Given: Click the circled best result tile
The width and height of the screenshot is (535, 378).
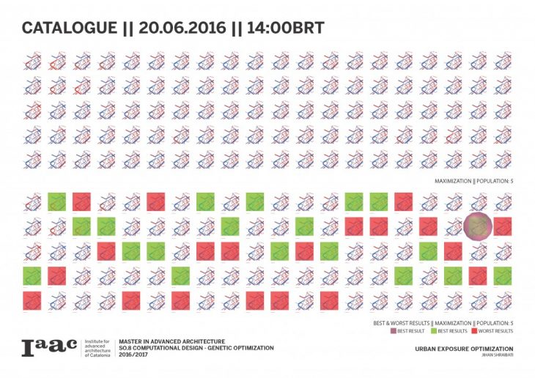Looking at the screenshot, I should (477, 226).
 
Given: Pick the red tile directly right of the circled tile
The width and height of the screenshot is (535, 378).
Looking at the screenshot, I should (502, 226).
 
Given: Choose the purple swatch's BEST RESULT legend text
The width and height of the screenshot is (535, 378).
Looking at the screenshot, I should (415, 331).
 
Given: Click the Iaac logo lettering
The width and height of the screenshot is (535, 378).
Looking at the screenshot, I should (48, 349).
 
